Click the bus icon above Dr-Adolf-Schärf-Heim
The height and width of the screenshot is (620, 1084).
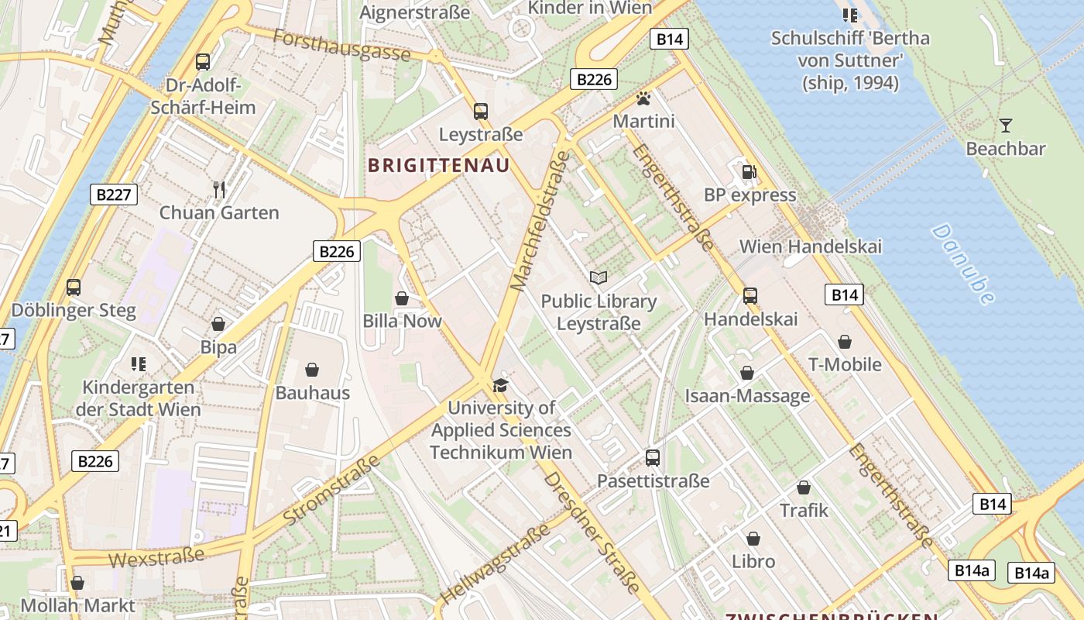(x=203, y=61)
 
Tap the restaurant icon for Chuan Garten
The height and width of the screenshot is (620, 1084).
(x=219, y=189)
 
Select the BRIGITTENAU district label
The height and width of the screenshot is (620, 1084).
(x=439, y=165)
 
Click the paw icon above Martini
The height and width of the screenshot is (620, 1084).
(x=643, y=98)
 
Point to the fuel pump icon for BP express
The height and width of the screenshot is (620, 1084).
(x=749, y=172)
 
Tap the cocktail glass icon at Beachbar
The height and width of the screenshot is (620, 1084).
(x=1005, y=125)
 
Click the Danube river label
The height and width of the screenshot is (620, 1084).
(x=963, y=263)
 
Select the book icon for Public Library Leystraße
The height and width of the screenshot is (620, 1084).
(x=599, y=277)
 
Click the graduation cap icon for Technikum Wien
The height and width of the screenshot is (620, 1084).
(x=501, y=385)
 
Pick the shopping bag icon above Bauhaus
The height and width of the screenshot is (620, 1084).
(x=312, y=370)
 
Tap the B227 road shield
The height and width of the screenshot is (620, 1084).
(x=114, y=195)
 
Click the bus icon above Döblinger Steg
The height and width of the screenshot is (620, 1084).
(x=74, y=288)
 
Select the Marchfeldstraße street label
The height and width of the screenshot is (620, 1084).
(x=540, y=221)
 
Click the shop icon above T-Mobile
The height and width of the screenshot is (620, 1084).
(x=845, y=342)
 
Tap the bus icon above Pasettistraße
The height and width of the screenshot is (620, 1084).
(x=653, y=458)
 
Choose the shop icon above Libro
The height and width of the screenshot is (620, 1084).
(x=753, y=539)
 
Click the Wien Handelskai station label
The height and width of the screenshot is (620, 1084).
(x=811, y=246)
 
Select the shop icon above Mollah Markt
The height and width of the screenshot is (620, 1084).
(x=77, y=583)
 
